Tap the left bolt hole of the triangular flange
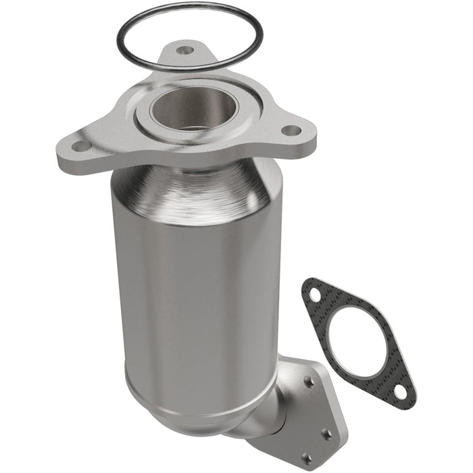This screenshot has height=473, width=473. tap(80, 146)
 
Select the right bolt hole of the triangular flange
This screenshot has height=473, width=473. tap(290, 130)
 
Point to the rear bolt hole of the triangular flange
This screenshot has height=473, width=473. tap(183, 49)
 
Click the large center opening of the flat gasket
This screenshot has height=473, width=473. tap(357, 342)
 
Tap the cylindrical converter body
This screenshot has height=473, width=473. tap(196, 291)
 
